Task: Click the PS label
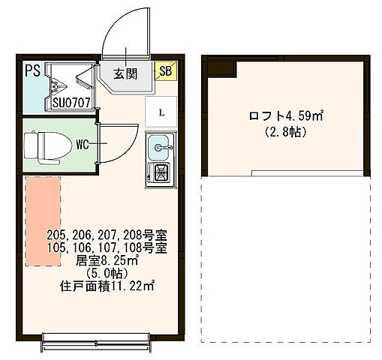coord(32,71)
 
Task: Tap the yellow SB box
coord(164,71)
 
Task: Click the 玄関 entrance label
coord(127,73)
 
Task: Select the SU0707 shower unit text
coord(71,102)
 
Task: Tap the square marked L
coord(162,113)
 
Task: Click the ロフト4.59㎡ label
coord(285,116)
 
